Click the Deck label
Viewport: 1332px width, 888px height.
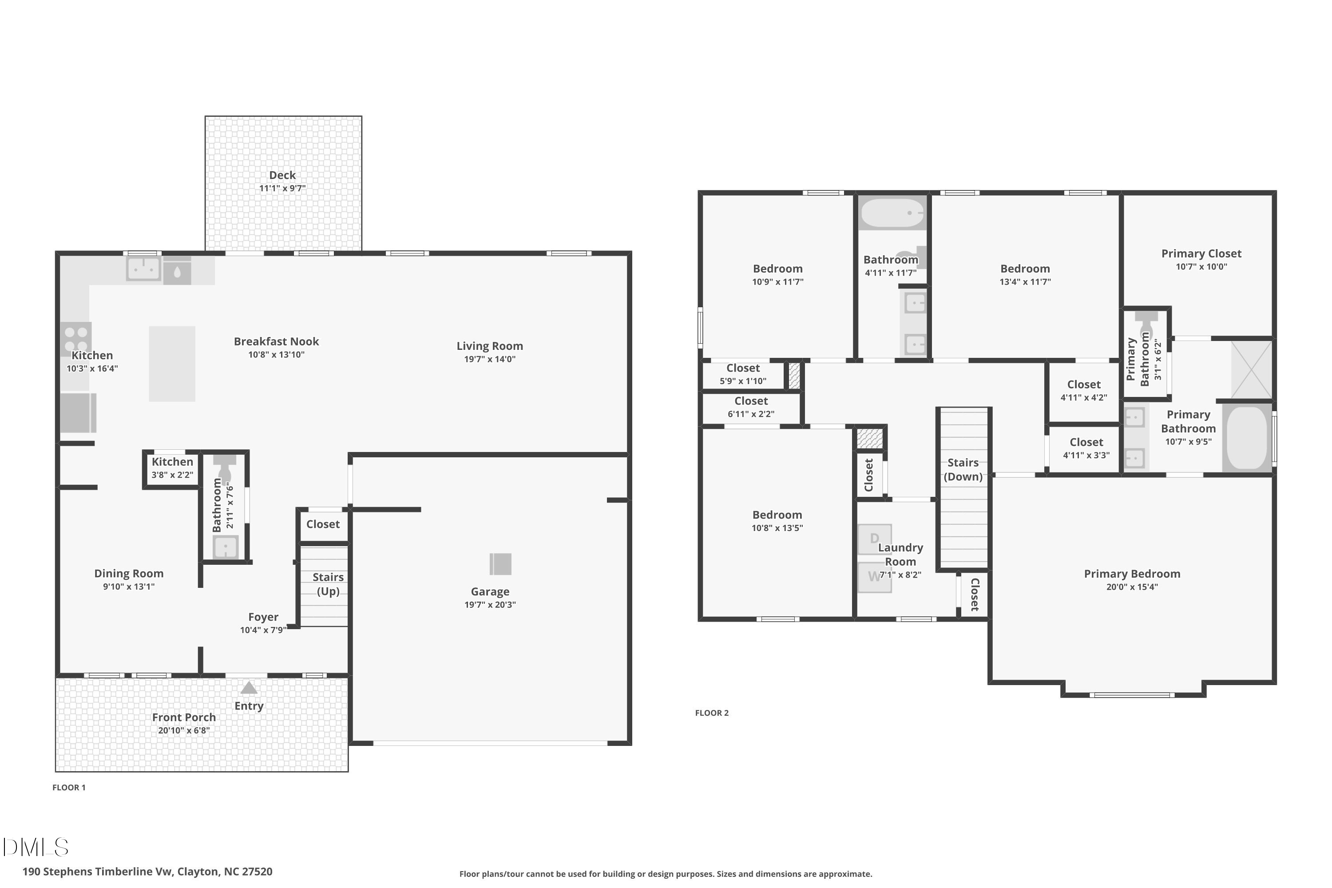(282, 175)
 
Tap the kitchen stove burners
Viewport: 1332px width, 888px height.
(76, 339)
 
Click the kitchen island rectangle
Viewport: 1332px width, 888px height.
(171, 364)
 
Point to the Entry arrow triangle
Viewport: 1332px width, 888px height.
(249, 688)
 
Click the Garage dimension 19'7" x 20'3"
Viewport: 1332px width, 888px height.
(490, 605)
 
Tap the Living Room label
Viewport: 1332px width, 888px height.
(490, 346)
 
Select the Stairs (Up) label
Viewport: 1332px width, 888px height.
(328, 584)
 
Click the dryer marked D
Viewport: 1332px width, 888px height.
(874, 539)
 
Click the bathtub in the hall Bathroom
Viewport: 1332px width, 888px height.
(892, 213)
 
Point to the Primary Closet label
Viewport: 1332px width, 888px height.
(1201, 254)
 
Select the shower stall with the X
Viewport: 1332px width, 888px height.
(1252, 369)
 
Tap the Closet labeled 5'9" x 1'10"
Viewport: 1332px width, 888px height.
(743, 374)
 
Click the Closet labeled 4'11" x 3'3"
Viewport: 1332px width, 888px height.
(1086, 448)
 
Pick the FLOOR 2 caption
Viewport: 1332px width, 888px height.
(712, 713)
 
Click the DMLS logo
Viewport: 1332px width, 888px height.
(35, 847)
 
